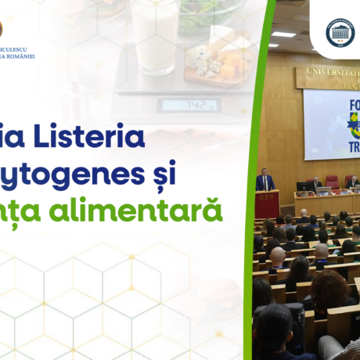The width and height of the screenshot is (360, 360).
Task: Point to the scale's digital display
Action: (x=189, y=105)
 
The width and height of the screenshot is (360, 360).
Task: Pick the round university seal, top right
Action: (x=340, y=33)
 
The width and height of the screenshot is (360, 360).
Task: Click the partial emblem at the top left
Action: (x=3, y=31)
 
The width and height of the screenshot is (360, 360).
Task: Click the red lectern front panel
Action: (x=267, y=204)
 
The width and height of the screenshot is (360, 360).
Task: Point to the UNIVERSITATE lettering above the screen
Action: (x=329, y=77)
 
